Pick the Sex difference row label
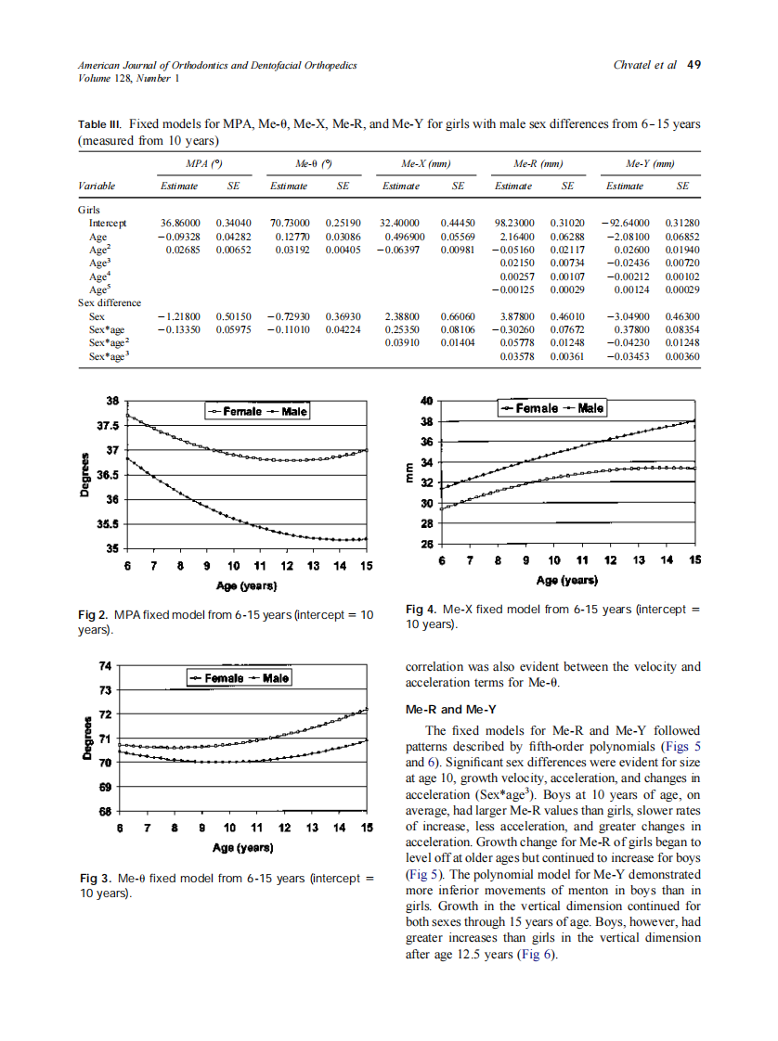pyautogui.click(x=110, y=302)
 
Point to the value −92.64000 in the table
pyautogui.click(x=625, y=224)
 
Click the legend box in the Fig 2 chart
pyautogui.click(x=256, y=411)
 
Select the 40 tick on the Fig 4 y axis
pyautogui.click(x=428, y=402)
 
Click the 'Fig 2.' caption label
pyautogui.click(x=95, y=615)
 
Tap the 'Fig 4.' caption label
pyautogui.click(x=422, y=610)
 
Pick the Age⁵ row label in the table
pyautogui.click(x=99, y=289)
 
